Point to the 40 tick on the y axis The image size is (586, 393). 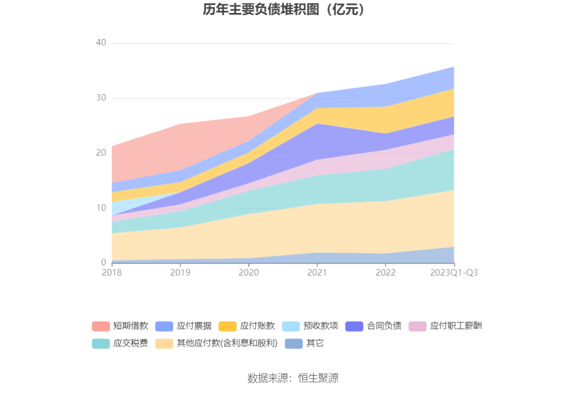tap(101, 43)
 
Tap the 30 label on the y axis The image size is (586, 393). tap(101, 98)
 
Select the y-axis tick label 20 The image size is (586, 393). tap(101, 153)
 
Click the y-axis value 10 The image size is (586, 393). tap(101, 208)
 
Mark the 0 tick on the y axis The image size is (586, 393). tap(104, 263)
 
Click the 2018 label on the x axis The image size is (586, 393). tap(112, 273)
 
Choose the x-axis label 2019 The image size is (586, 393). tap(180, 273)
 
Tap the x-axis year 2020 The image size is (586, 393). tap(249, 273)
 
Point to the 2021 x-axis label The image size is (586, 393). tap(317, 273)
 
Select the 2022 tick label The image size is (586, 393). tap(385, 273)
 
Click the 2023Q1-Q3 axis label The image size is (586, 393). tap(454, 273)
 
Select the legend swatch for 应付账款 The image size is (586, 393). tap(227, 326)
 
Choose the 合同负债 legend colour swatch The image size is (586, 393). tap(354, 326)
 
